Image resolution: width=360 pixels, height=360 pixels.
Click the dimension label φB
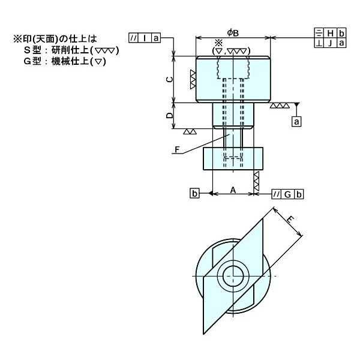pyautogui.click(x=233, y=33)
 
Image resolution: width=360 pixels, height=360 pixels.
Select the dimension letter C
pyautogui.click(x=169, y=80)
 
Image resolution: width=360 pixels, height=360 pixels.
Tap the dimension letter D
pyautogui.click(x=169, y=115)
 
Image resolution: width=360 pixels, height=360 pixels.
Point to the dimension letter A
pyautogui.click(x=233, y=190)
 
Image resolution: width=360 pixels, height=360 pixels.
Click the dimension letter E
pyautogui.click(x=290, y=220)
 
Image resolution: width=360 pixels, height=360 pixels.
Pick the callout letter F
pyautogui.click(x=177, y=149)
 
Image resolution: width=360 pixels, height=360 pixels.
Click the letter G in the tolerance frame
pyautogui.click(x=287, y=194)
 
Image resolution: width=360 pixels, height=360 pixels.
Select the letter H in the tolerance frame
pyautogui.click(x=331, y=34)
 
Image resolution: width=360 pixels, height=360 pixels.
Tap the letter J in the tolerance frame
pyautogui.click(x=330, y=43)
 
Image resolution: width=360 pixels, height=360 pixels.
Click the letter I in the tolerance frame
pyautogui.click(x=145, y=38)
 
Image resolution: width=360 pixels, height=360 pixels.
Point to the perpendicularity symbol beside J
pyautogui.click(x=319, y=43)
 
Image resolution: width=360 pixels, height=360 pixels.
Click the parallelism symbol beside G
pyautogui.click(x=276, y=194)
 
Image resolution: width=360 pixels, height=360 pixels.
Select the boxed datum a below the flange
pyautogui.click(x=296, y=121)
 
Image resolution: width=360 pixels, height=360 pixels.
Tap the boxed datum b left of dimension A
pyautogui.click(x=194, y=193)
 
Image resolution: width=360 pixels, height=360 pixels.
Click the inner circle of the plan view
pyautogui.click(x=233, y=276)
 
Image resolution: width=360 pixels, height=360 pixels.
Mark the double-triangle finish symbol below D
pyautogui.click(x=190, y=131)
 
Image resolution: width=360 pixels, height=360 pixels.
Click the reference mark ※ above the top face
pyautogui.click(x=219, y=43)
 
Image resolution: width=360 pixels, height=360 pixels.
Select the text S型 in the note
pyautogui.click(x=32, y=50)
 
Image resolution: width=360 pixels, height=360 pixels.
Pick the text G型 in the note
pyautogui.click(x=32, y=61)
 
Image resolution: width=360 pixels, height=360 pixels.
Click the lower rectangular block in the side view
pyautogui.click(x=233, y=158)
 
